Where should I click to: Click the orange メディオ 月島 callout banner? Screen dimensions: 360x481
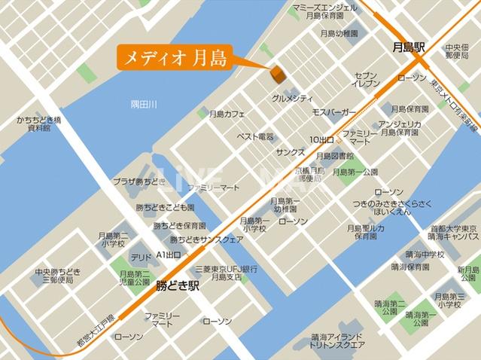174,56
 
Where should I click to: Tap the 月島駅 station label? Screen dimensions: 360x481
409,47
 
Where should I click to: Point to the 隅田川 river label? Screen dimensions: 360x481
144,104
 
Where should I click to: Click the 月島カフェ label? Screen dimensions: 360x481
227,114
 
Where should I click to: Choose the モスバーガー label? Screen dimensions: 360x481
333,112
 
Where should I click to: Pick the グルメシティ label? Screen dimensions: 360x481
292,98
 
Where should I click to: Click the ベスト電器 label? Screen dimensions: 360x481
255,137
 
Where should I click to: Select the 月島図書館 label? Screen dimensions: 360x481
335,156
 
